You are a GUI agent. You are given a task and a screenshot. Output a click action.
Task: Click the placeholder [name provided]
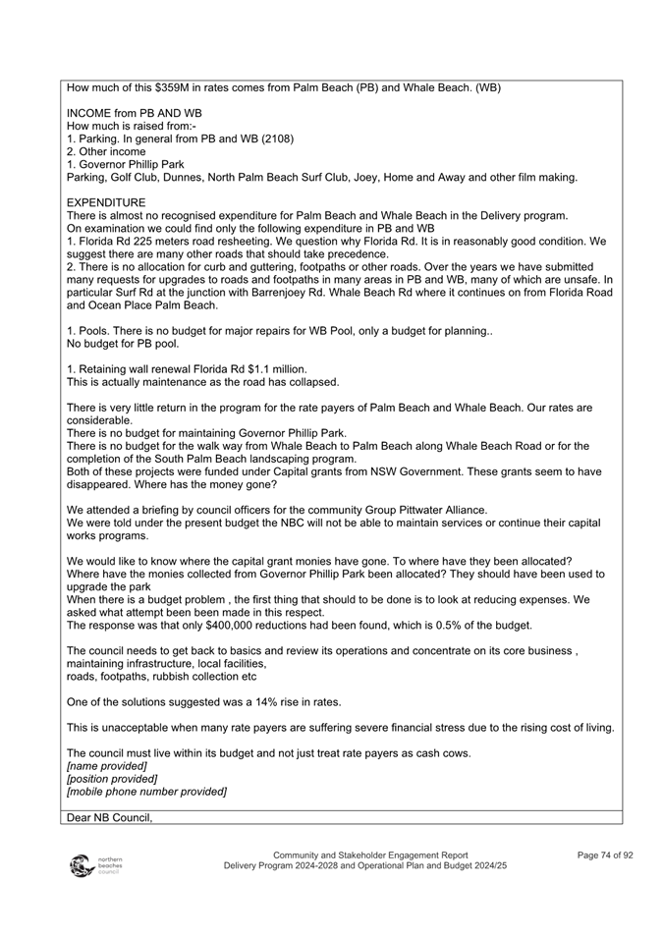(106, 766)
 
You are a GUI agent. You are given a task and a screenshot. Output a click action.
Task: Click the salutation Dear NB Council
(110, 816)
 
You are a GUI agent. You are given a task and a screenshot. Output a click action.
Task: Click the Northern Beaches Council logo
(93, 865)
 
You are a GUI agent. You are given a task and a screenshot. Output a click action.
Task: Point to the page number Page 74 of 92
(604, 855)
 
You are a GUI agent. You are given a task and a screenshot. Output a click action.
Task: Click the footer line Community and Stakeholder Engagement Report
(370, 855)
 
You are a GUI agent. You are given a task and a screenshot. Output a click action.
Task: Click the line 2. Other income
(107, 151)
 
